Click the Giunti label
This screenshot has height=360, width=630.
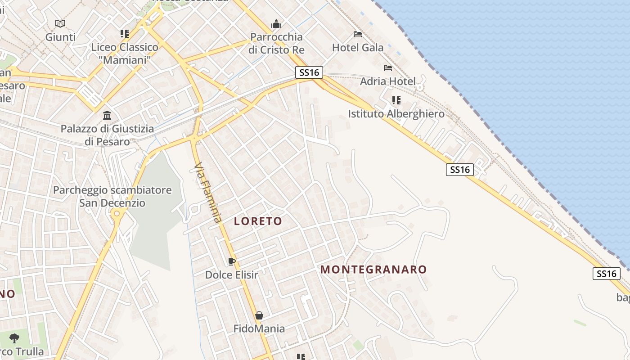[60, 37]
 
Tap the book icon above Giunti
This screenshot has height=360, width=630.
[60, 23]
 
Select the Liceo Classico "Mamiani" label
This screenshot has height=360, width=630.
[125, 53]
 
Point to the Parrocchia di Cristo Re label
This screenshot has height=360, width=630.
[276, 43]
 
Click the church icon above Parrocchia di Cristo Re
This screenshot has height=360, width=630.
[276, 23]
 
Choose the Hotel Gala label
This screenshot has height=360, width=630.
[358, 47]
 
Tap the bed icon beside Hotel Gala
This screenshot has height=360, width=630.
[358, 34]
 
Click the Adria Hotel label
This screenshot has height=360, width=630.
[387, 81]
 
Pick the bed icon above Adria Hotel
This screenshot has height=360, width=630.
[388, 68]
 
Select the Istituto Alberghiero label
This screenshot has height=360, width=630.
[396, 114]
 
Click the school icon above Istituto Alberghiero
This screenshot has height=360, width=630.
[396, 100]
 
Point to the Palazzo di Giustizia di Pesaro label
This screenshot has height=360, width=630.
[107, 135]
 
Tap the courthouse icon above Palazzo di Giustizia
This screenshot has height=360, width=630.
[107, 116]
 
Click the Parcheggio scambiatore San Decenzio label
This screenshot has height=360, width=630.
[112, 196]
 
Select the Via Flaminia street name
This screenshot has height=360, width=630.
[208, 194]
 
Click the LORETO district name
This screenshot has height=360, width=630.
[258, 221]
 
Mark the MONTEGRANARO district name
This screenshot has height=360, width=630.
[373, 270]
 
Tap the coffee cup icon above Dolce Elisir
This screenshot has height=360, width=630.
[232, 261]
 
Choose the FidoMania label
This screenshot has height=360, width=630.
[259, 328]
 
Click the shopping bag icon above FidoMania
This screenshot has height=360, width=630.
[259, 315]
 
